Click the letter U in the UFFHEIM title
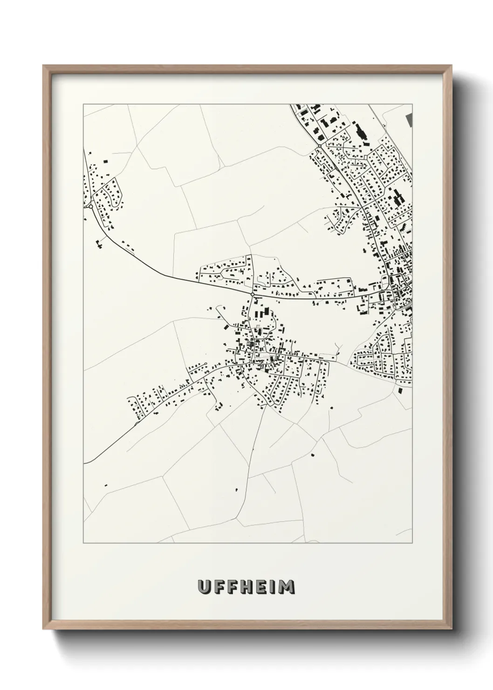pyautogui.click(x=204, y=587)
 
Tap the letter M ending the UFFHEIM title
pyautogui.click(x=287, y=587)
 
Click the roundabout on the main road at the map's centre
pyautogui.click(x=252, y=295)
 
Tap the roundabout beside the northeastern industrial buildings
pyautogui.click(x=319, y=146)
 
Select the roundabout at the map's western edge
pyautogui.click(x=90, y=206)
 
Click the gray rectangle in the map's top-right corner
pyautogui.click(x=410, y=119)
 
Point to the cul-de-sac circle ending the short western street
pyautogui.click(x=205, y=363)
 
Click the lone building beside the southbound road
pyautogui.click(x=236, y=489)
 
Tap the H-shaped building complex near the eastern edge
pyautogui.click(x=398, y=199)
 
